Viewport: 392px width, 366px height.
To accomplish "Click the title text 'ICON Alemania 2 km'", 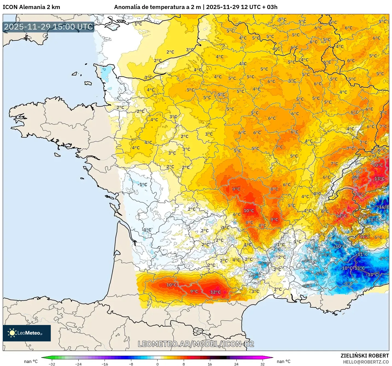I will pyautogui.click(x=31, y=7).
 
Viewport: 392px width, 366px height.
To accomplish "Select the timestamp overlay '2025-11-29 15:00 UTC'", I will pyautogui.click(x=49, y=27).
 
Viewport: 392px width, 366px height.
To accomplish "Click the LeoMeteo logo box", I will pyautogui.click(x=27, y=333).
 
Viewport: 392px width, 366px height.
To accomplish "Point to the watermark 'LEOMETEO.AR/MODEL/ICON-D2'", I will pyautogui.click(x=196, y=344).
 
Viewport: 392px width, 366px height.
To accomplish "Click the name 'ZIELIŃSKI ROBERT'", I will pyautogui.click(x=365, y=356).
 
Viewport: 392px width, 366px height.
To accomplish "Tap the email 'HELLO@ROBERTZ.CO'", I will pyautogui.click(x=366, y=362).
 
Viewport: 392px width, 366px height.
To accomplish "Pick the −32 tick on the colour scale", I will pyautogui.click(x=52, y=364).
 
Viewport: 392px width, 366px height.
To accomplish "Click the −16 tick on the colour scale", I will pyautogui.click(x=105, y=364).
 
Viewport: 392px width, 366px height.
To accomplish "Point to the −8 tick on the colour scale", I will pyautogui.click(x=131, y=364).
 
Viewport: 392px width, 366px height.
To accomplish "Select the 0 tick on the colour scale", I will pyautogui.click(x=158, y=364).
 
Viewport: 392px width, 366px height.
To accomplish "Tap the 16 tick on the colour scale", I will pyautogui.click(x=210, y=364).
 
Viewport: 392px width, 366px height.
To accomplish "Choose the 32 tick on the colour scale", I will pyautogui.click(x=263, y=364).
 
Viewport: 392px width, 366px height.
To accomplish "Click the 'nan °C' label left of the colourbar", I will pyautogui.click(x=31, y=361).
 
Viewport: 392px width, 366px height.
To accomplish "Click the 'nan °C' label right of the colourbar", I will pyautogui.click(x=284, y=361).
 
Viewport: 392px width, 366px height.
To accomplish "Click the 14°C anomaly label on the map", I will pyautogui.click(x=359, y=194).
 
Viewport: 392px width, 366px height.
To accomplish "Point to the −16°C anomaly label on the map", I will pyautogui.click(x=384, y=207).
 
